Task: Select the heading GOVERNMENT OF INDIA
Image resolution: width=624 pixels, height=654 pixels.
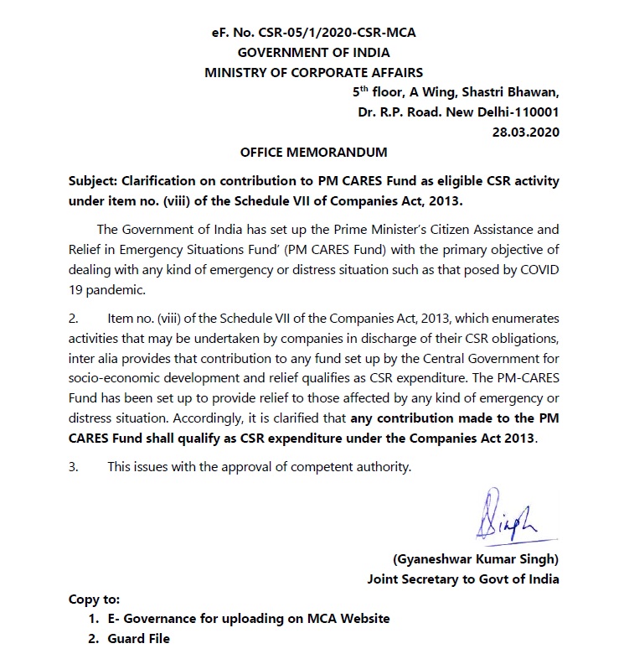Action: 314,52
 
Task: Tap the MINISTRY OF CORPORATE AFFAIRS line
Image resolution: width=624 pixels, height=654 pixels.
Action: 314,72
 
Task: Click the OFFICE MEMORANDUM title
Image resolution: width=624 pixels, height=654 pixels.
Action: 314,153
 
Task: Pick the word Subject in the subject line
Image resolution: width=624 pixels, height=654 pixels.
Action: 93,181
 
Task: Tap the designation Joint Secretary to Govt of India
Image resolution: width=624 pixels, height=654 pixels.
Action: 463,579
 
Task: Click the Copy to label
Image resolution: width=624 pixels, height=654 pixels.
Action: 94,599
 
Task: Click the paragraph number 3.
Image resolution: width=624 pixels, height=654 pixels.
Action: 73,467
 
